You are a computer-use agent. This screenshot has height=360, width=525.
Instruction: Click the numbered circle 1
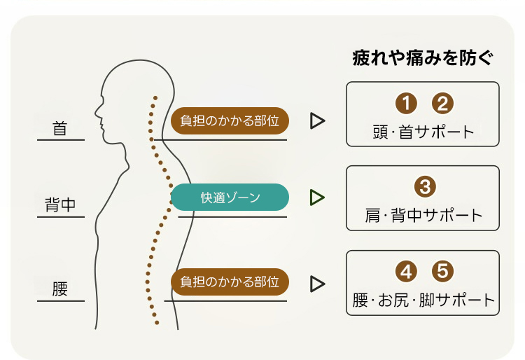coord(405,104)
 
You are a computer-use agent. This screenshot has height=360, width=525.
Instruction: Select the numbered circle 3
coord(424,187)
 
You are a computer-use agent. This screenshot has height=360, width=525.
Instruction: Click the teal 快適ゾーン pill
coord(230,198)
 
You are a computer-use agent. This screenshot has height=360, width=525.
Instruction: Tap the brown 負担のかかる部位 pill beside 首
coord(230,120)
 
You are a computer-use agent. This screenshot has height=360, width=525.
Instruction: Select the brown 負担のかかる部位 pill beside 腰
coord(230,282)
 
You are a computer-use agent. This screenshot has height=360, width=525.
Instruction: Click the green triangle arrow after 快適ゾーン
coord(318,198)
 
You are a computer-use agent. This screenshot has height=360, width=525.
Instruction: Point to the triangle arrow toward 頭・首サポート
coord(318,121)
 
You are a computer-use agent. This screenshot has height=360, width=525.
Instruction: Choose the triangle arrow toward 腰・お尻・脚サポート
coord(318,283)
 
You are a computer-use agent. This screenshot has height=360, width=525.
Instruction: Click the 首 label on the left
coord(61,129)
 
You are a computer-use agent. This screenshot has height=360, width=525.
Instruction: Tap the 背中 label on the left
coord(60,205)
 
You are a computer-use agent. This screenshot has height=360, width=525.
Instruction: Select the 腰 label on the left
coord(61,289)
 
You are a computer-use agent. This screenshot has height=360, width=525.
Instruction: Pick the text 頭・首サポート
coord(423,131)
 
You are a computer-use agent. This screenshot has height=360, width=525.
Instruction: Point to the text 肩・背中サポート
coord(423,215)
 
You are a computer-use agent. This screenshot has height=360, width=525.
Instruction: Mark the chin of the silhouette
coord(104,139)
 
